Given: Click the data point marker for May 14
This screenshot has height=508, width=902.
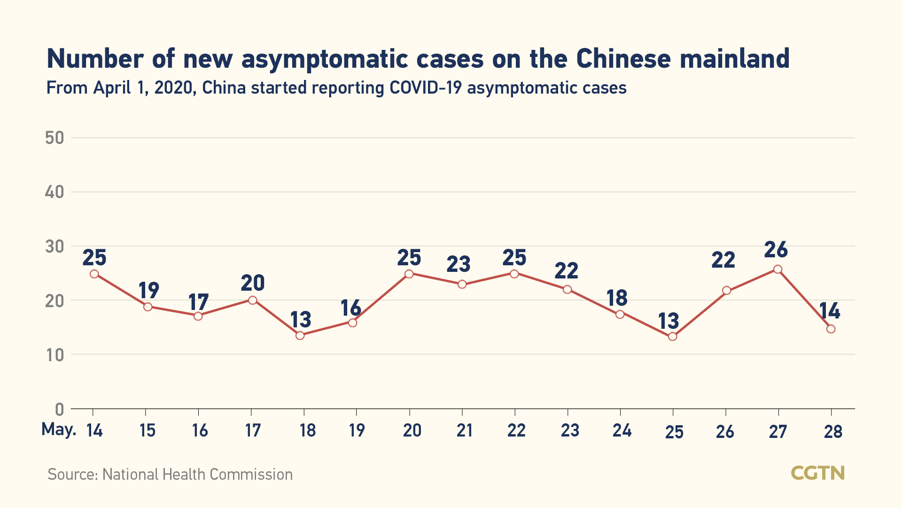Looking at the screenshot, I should click(x=94, y=274).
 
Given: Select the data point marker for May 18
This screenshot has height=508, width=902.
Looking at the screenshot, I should click(x=300, y=335).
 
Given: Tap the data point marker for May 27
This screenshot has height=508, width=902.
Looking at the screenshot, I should click(x=778, y=269).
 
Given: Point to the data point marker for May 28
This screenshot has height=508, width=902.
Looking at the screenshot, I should click(x=831, y=329).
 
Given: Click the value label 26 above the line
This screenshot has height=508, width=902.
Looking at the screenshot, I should click(x=776, y=250).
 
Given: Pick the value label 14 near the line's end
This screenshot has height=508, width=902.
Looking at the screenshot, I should click(x=830, y=311).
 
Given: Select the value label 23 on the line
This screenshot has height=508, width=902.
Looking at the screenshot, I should click(x=459, y=264).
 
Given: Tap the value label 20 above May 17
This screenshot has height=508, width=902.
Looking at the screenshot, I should click(x=253, y=283).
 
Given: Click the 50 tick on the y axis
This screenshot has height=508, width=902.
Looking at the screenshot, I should click(x=54, y=138).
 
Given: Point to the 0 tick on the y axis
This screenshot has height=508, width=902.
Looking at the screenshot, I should click(x=60, y=409).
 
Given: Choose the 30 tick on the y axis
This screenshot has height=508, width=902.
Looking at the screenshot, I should click(x=54, y=246).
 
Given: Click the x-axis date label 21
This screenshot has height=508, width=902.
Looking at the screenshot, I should click(x=464, y=430).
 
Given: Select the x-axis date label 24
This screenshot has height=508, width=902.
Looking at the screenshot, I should click(x=622, y=430).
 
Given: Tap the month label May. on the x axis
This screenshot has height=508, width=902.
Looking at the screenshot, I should click(x=59, y=429).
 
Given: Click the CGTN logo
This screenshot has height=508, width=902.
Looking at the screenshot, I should click(x=817, y=473).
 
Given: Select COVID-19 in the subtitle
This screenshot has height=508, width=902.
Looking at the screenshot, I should click(x=426, y=88).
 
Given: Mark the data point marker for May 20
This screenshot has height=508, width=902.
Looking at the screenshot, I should click(x=409, y=274).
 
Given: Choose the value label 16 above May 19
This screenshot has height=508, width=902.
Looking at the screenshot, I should click(x=351, y=309).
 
